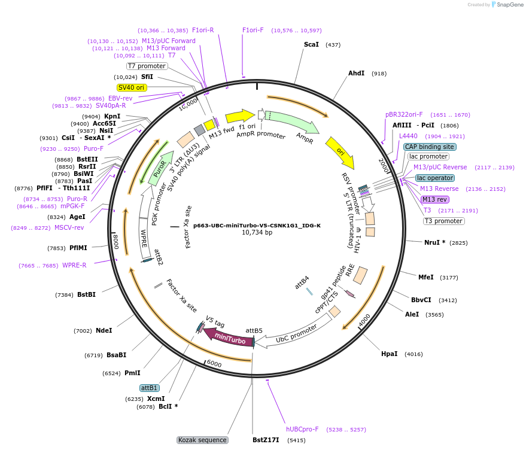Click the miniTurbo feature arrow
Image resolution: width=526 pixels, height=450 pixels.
point(229,337)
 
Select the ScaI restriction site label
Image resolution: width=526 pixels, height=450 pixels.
point(311,45)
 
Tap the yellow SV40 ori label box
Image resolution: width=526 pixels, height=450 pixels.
point(132,87)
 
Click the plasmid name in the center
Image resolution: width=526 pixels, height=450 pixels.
point(257,226)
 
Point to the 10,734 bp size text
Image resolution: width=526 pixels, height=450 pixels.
point(257,233)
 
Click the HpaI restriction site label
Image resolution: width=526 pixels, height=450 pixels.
point(389,354)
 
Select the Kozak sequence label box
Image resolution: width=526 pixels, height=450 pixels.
point(202,440)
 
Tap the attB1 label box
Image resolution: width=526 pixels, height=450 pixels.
point(149,388)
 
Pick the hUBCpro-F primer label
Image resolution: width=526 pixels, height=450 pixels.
point(302,430)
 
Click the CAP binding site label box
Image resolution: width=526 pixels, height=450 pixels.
point(430,147)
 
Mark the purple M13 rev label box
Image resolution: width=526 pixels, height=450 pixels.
point(434,199)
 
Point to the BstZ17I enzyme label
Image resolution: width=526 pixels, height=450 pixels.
point(266,440)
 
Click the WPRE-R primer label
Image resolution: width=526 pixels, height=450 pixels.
point(74,266)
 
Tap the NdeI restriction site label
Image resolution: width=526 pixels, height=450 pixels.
point(104,330)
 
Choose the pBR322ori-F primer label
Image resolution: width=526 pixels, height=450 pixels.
point(404,114)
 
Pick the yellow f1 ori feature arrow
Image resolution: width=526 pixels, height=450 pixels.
point(239,115)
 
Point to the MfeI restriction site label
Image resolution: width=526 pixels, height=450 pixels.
point(425,277)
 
